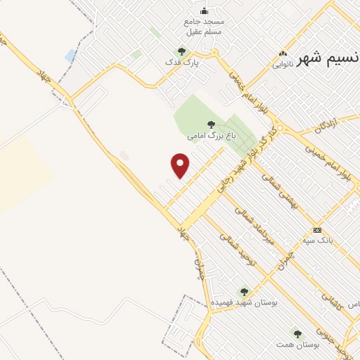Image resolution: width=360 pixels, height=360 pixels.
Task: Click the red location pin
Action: (x=181, y=165)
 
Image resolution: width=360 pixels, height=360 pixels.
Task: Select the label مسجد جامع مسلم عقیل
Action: (x=204, y=27)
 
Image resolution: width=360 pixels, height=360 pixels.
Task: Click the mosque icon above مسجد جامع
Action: (x=205, y=11)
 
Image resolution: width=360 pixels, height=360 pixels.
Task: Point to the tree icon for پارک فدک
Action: (x=181, y=51)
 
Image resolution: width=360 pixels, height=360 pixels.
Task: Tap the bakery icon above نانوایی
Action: (x=283, y=53)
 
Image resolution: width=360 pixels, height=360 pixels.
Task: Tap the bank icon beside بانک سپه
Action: (x=317, y=230)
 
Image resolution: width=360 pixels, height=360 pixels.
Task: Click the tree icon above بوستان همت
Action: (x=297, y=334)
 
